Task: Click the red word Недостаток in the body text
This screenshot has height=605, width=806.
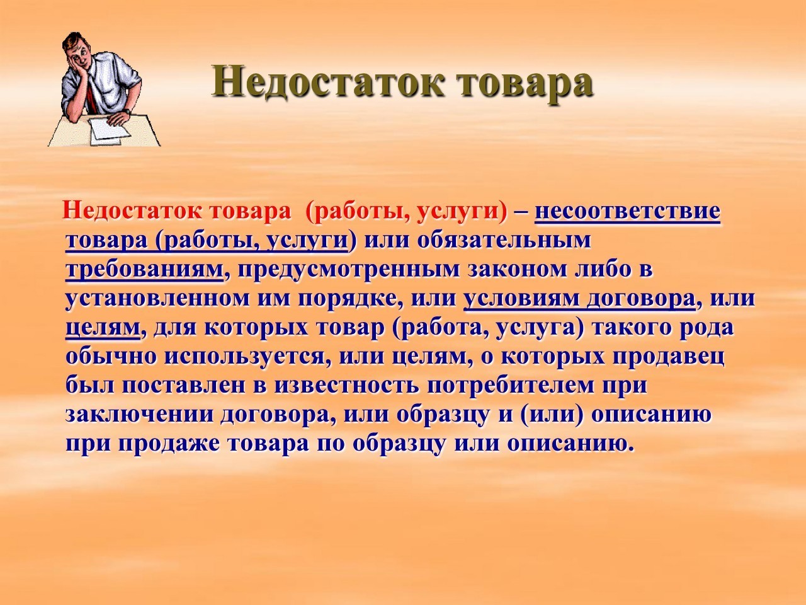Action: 135,212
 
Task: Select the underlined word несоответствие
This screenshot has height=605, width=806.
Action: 627,212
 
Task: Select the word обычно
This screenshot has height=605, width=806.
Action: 111,357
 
